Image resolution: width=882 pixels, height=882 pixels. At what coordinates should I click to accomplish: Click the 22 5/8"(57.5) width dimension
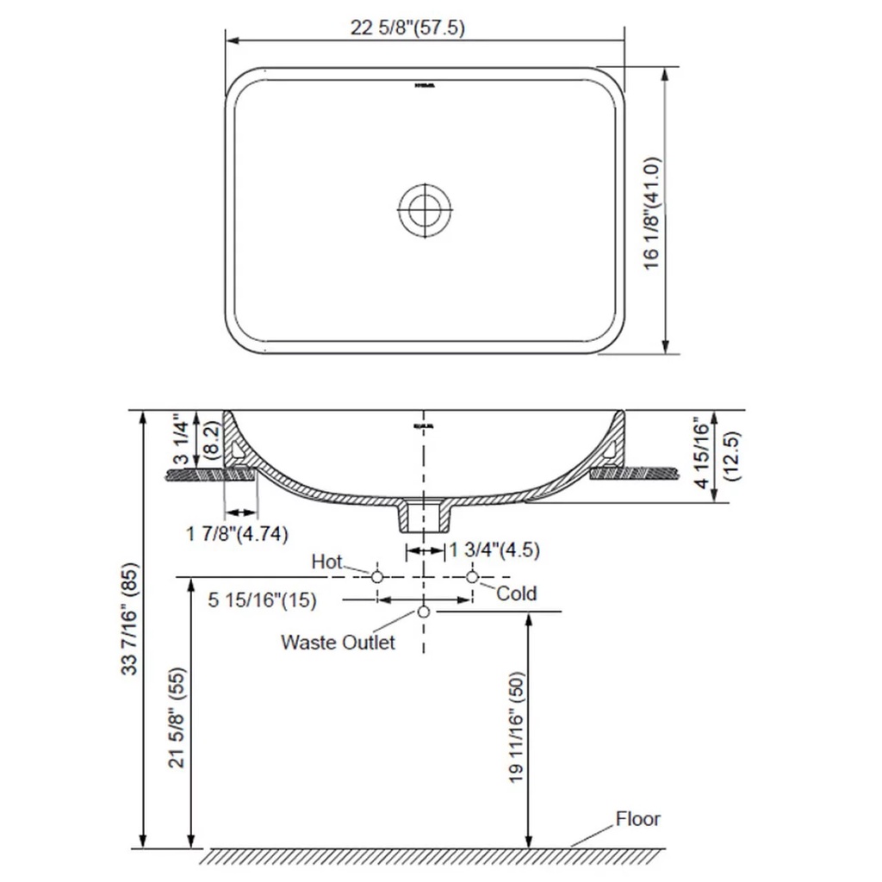[x=407, y=28]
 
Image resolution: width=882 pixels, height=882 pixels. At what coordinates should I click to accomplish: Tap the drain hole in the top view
[x=424, y=208]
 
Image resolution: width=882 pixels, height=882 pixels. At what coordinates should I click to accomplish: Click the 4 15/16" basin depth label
[x=703, y=455]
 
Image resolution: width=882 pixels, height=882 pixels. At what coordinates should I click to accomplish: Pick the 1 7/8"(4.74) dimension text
[x=238, y=533]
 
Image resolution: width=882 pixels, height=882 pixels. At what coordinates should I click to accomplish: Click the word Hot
[x=327, y=562]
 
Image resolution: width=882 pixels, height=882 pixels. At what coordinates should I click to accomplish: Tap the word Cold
[x=516, y=593]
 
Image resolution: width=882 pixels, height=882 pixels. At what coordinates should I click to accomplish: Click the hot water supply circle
[x=377, y=576]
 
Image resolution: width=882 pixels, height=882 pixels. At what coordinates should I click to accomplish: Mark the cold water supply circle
[x=472, y=576]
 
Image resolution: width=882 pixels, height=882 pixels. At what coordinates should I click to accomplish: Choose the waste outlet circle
[x=423, y=612]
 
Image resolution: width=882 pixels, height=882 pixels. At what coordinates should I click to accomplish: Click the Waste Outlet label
[x=338, y=642]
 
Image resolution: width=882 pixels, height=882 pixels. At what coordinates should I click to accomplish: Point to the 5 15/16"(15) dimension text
[x=262, y=600]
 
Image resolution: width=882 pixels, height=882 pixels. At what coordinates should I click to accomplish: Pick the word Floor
[x=637, y=818]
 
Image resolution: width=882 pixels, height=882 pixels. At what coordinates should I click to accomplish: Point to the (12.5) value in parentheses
[x=733, y=455]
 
